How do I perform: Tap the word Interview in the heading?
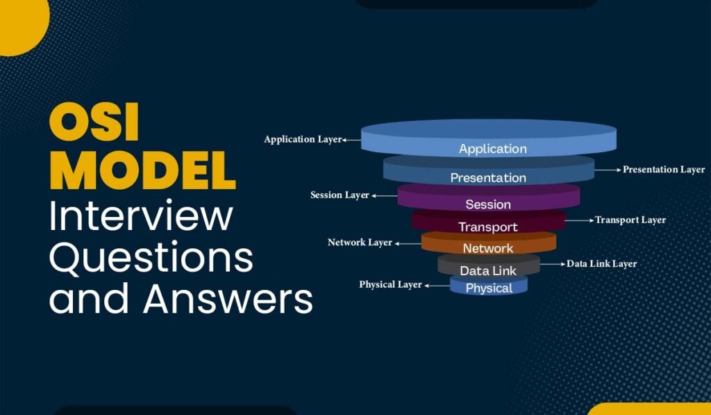(x=141, y=217)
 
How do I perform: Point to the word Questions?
(x=151, y=259)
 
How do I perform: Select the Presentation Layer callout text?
(x=663, y=169)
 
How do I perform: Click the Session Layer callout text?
(x=340, y=195)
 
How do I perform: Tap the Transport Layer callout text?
(x=630, y=220)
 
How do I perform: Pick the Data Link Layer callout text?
(x=601, y=263)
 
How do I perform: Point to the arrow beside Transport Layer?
(x=580, y=220)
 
